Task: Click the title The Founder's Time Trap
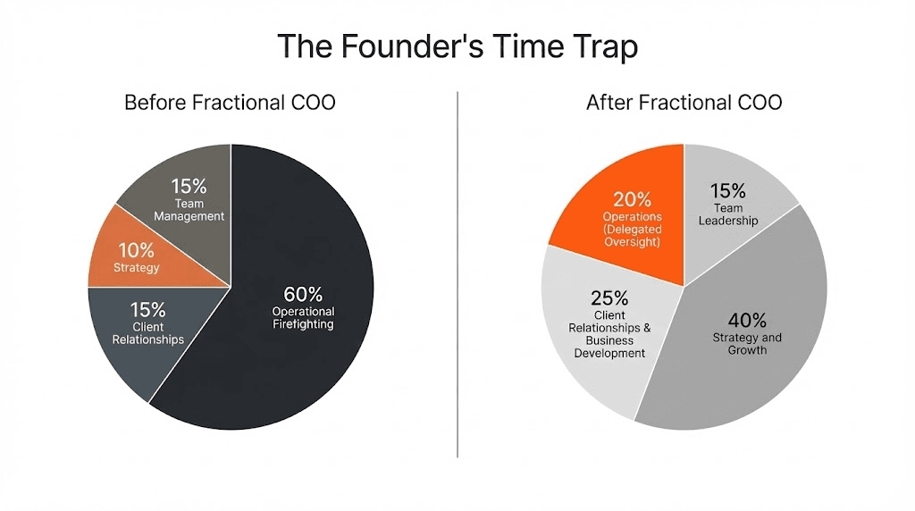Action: [457, 46]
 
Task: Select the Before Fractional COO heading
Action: [230, 102]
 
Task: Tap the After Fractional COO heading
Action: [684, 102]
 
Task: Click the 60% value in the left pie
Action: [303, 293]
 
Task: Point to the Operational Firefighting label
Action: [303, 318]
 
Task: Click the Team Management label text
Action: [189, 210]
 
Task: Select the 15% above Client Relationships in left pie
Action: [148, 309]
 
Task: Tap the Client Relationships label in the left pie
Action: [148, 333]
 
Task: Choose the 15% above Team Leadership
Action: [727, 190]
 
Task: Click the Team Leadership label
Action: [727, 214]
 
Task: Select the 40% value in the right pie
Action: [747, 319]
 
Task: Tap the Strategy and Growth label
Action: [747, 344]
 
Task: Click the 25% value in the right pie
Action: [609, 297]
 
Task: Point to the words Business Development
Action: [609, 347]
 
